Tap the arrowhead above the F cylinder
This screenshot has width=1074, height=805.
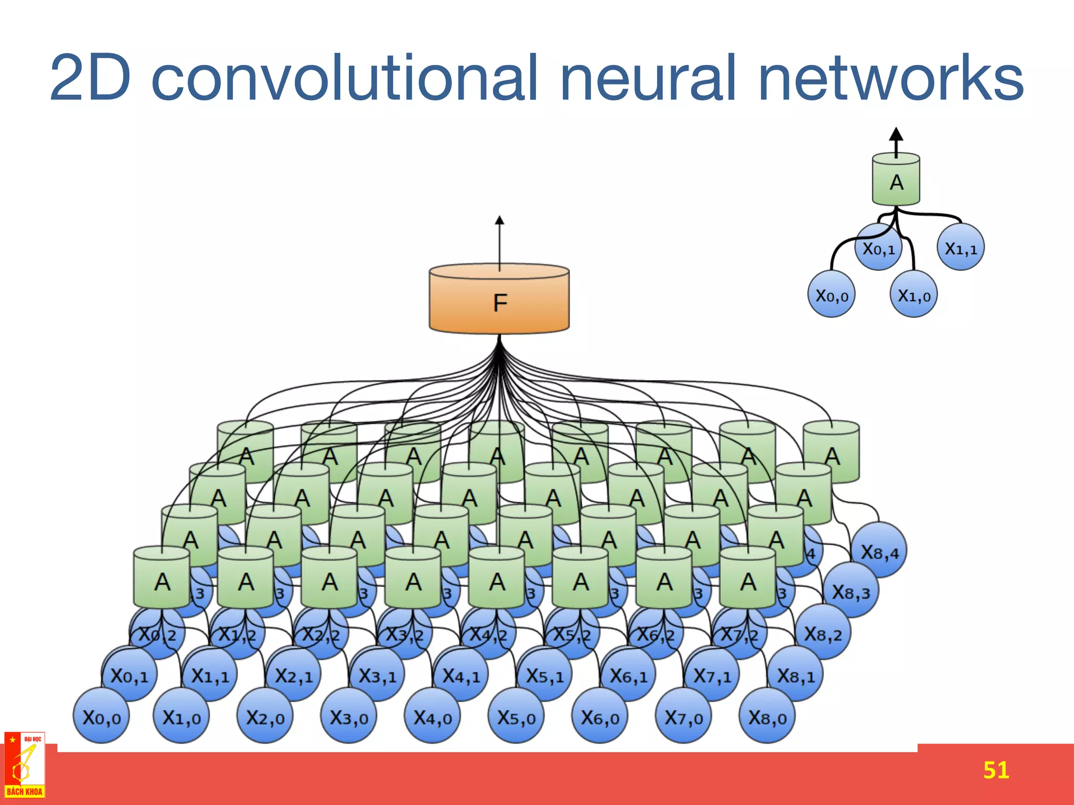499,221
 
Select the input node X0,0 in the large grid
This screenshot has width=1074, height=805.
101,716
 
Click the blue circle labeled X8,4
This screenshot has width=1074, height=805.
879,551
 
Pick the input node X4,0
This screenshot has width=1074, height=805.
432,716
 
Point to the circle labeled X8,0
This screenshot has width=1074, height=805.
767,716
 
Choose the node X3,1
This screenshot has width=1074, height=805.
377,676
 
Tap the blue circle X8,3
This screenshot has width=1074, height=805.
851,592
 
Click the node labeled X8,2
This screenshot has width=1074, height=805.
823,634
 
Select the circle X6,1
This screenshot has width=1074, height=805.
628,676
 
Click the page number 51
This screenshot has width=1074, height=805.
996,770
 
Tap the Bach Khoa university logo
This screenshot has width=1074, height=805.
25,766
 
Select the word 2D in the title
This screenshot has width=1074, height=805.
90,79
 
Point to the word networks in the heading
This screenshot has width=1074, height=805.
890,79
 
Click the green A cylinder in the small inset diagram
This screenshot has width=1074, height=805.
896,181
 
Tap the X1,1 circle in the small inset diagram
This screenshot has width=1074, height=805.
961,247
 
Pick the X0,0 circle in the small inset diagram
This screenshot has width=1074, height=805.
831,295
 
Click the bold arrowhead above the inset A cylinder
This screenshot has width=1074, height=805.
896,134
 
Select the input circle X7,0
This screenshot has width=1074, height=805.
683,716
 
